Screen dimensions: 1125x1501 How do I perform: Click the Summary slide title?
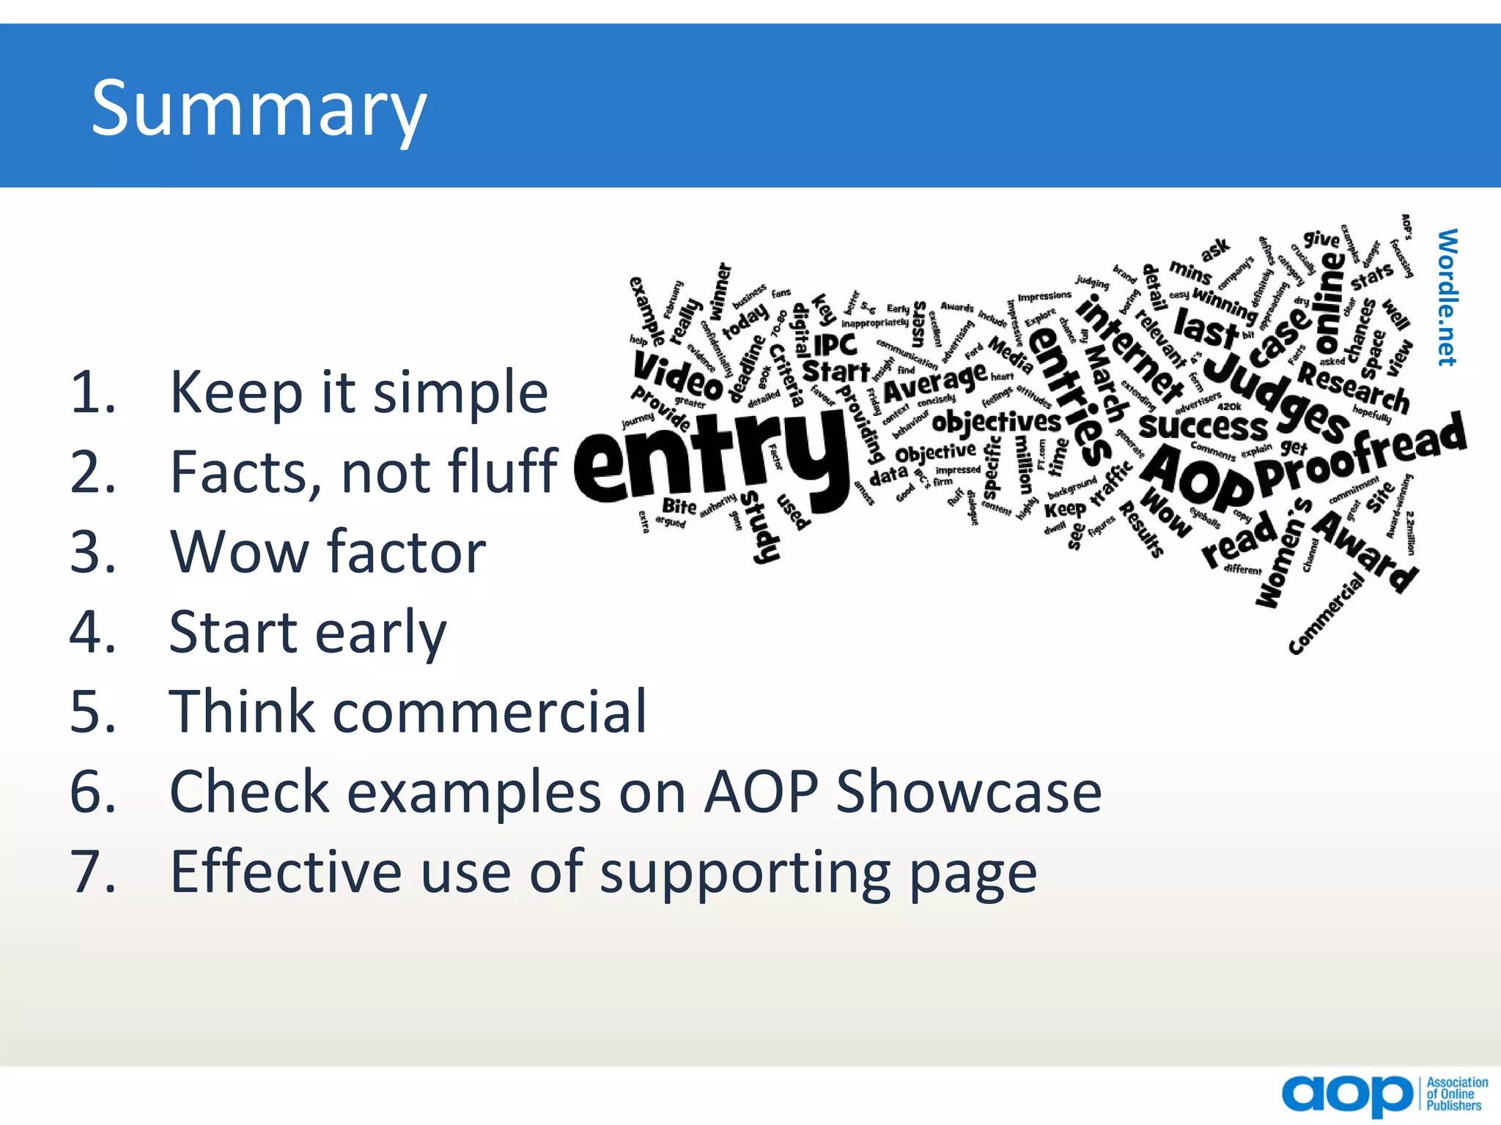pos(258,108)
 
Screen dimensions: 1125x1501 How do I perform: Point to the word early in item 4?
pos(380,632)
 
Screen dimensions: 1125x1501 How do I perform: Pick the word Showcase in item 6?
pos(968,792)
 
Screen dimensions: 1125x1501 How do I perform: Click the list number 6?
pos(93,792)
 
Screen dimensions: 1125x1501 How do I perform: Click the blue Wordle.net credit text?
pos(1447,297)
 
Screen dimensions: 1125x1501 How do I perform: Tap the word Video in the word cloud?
pos(678,375)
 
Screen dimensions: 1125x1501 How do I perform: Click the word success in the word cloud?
pos(1202,426)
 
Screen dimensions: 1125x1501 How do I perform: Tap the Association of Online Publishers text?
pos(1456,1094)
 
